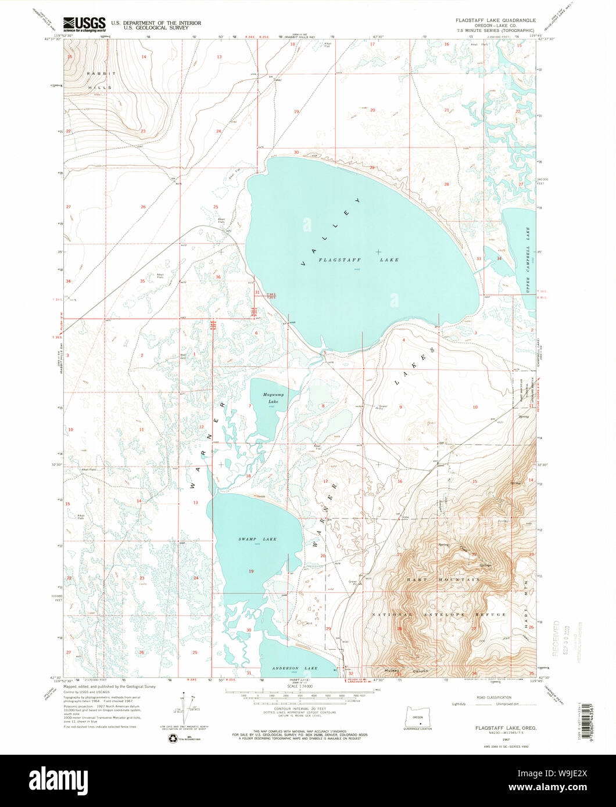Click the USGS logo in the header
tap(84, 24)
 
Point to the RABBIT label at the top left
tap(102, 74)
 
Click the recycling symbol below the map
tap(173, 738)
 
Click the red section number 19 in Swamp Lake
tap(252, 571)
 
